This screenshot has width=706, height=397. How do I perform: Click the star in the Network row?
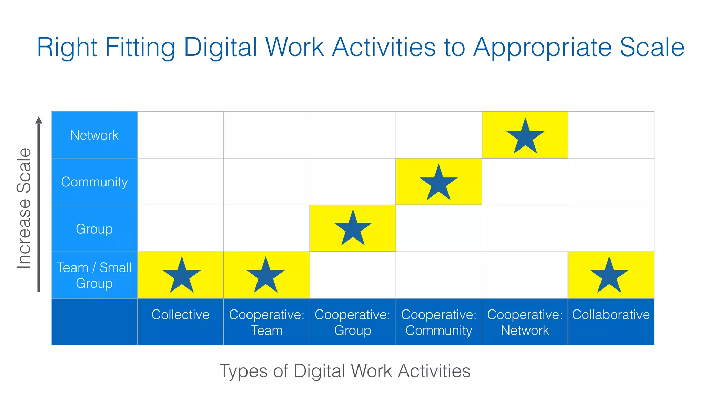pyautogui.click(x=525, y=137)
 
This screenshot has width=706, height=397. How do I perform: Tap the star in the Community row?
pyautogui.click(x=438, y=183)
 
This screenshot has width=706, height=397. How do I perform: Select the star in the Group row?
pyautogui.click(x=353, y=229)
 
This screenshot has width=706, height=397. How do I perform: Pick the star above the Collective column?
pyautogui.click(x=182, y=276)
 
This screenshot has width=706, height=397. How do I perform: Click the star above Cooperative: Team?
pyautogui.click(x=265, y=276)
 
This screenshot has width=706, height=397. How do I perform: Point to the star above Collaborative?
pyautogui.click(x=609, y=276)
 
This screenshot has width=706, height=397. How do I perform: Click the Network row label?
pyautogui.click(x=94, y=135)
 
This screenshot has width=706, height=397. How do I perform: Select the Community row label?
pyautogui.click(x=94, y=182)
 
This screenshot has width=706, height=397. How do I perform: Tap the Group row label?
pyautogui.click(x=94, y=229)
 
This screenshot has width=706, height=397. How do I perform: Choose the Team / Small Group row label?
pyautogui.click(x=94, y=275)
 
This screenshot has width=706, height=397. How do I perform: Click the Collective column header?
pyautogui.click(x=180, y=315)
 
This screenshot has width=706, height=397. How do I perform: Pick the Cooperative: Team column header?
pyautogui.click(x=266, y=322)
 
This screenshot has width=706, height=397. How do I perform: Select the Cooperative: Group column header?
pyautogui.click(x=353, y=322)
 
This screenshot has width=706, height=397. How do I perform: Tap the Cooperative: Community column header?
pyautogui.click(x=439, y=322)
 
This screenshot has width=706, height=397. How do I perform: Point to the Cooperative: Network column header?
pyautogui.click(x=525, y=322)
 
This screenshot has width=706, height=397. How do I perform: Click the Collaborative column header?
pyautogui.click(x=611, y=315)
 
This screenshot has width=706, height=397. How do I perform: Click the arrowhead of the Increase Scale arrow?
pyautogui.click(x=39, y=120)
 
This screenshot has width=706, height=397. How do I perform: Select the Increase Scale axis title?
pyautogui.click(x=24, y=208)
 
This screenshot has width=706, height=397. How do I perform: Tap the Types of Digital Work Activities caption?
pyautogui.click(x=345, y=371)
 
